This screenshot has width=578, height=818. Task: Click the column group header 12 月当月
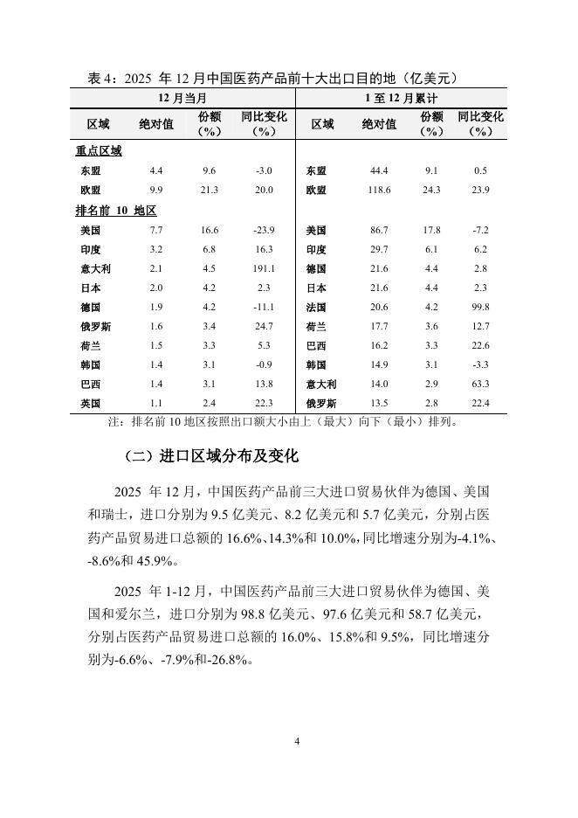coord(182,97)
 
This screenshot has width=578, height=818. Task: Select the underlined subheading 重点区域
coord(97,150)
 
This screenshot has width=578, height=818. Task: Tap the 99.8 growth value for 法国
coord(479,308)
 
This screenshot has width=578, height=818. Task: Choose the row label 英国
coord(90,404)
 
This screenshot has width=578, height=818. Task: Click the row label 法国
coord(316,308)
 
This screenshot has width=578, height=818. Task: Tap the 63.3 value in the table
coord(479,385)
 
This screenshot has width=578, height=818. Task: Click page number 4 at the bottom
coord(297,742)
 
